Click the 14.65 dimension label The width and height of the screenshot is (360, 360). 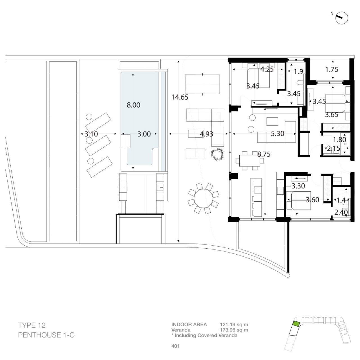coord(180,97)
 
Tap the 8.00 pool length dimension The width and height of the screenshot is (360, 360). coord(133,105)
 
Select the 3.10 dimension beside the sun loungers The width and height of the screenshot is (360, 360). coord(91,134)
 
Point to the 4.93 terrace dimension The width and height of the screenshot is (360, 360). coord(206,134)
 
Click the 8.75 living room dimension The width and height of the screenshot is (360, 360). coord(264,154)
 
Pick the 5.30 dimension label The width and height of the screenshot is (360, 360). coord(278,134)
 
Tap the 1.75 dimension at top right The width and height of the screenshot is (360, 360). coord(332,69)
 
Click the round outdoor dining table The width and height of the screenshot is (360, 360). coord(203,198)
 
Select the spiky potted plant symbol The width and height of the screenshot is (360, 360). coord(217,154)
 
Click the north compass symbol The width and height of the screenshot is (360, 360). coord(342,18)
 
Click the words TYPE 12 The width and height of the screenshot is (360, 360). coord(32,325)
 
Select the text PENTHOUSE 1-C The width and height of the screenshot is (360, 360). coord(46,335)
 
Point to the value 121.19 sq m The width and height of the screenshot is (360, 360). coord(234,325)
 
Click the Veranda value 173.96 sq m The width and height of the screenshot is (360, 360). coord(234,330)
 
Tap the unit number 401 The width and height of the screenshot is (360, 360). coord(175,346)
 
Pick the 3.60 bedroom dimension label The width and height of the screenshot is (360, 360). coord(312,200)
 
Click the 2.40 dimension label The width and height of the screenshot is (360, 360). coord(341,212)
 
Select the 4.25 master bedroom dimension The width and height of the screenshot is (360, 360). coord(267,69)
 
